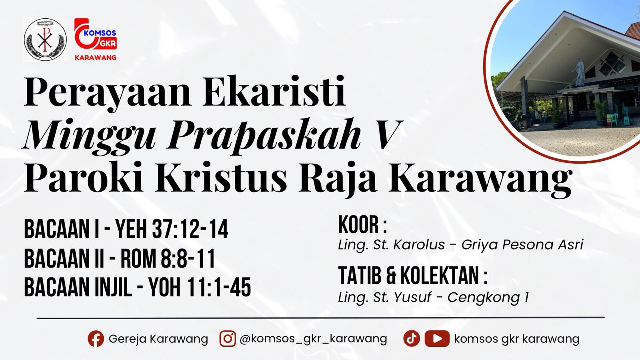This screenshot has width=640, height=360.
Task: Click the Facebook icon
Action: click(x=96, y=339)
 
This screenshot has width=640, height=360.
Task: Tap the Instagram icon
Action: click(x=228, y=339)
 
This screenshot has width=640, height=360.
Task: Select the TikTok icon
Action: click(x=411, y=339)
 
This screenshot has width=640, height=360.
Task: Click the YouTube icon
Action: click(x=437, y=339)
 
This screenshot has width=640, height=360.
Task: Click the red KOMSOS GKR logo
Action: click(x=96, y=39)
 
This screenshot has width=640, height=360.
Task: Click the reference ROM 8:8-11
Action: click(x=168, y=259)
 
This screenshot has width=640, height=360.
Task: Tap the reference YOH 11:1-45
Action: click(x=200, y=287)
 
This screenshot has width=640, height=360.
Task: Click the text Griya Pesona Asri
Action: click(x=522, y=244)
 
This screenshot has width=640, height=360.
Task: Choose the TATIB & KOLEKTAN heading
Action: click(x=412, y=276)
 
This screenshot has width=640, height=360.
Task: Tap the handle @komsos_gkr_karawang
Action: click(x=313, y=339)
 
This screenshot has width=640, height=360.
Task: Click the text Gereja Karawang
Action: click(x=158, y=339)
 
